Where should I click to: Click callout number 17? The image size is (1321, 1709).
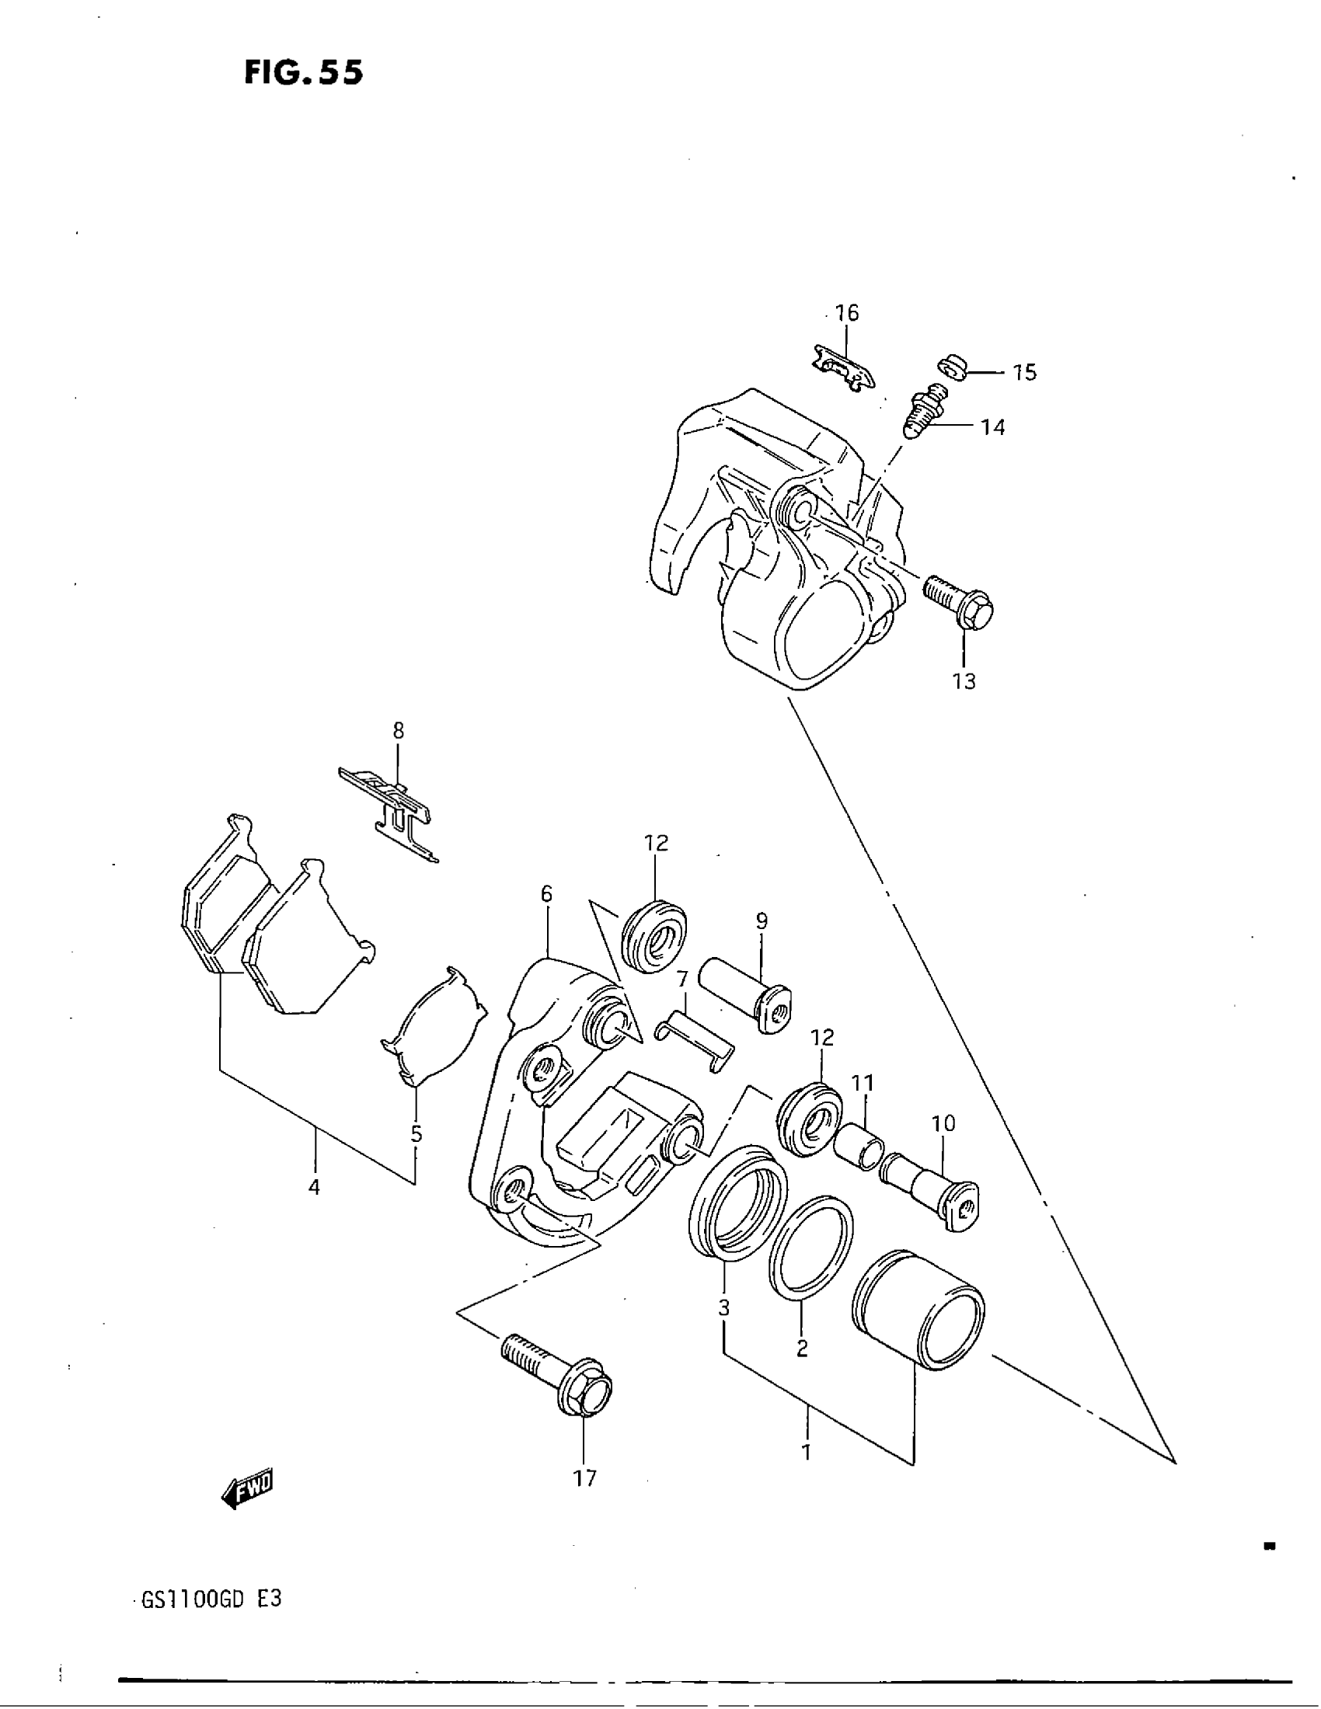pyautogui.click(x=584, y=1478)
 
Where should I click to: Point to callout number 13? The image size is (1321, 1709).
pyautogui.click(x=964, y=681)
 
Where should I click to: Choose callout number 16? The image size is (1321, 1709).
pyautogui.click(x=846, y=313)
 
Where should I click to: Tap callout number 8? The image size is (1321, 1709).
pyautogui.click(x=399, y=731)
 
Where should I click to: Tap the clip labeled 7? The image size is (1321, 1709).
pyautogui.click(x=693, y=1042)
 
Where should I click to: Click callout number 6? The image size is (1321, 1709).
pyautogui.click(x=546, y=893)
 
